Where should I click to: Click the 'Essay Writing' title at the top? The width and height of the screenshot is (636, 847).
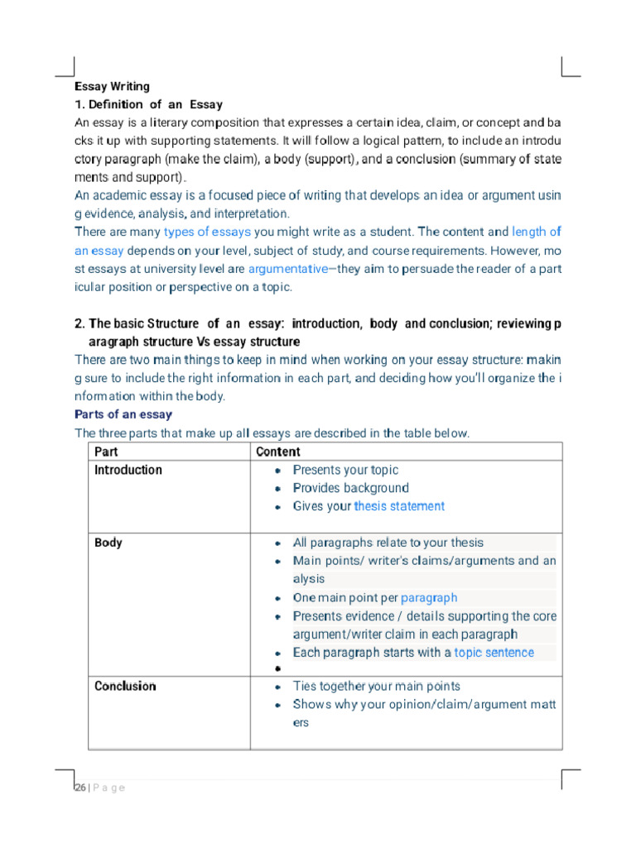pyautogui.click(x=112, y=86)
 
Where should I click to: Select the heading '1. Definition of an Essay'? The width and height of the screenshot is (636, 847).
pyautogui.click(x=148, y=104)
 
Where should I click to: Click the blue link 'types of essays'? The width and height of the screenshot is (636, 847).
pyautogui.click(x=207, y=232)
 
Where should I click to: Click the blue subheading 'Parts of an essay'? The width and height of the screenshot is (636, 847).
pyautogui.click(x=123, y=414)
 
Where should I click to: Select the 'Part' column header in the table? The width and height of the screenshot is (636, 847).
pyautogui.click(x=106, y=452)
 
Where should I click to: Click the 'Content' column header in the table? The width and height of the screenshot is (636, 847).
pyautogui.click(x=278, y=452)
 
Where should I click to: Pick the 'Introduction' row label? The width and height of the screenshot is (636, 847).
pyautogui.click(x=128, y=470)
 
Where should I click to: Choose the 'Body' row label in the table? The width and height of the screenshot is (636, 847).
pyautogui.click(x=108, y=543)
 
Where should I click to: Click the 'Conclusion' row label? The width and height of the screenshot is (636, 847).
pyautogui.click(x=125, y=686)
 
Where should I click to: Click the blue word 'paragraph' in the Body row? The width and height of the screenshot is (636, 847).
pyautogui.click(x=428, y=597)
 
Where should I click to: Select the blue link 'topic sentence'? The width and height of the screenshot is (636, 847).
pyautogui.click(x=494, y=653)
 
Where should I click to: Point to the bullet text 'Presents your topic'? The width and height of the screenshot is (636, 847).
pyautogui.click(x=345, y=470)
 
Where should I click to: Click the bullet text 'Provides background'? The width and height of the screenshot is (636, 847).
pyautogui.click(x=350, y=488)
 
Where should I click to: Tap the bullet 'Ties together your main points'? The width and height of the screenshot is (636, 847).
pyautogui.click(x=376, y=686)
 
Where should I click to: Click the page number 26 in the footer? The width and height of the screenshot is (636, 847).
pyautogui.click(x=79, y=787)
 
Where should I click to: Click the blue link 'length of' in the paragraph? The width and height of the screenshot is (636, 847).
pyautogui.click(x=537, y=232)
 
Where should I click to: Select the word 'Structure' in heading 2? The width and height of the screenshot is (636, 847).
pyautogui.click(x=173, y=323)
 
